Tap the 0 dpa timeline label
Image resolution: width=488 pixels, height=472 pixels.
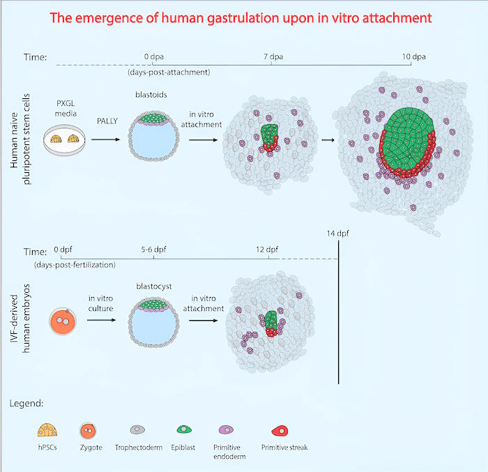154,56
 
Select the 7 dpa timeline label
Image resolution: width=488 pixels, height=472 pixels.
273,56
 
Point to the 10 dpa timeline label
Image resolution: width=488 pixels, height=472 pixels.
413,56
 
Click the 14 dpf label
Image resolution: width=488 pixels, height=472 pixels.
337,233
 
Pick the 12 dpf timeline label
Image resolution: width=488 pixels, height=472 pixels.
267,250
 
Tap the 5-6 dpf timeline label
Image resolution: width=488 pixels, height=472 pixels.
153,250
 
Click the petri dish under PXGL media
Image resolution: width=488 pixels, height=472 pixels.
64,140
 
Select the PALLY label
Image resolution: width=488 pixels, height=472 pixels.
107,121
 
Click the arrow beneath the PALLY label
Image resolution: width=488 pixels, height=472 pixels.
105,139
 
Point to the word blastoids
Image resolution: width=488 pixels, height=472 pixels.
151,95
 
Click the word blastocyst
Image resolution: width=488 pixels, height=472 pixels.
154,287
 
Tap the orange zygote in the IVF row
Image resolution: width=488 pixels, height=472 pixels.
63,321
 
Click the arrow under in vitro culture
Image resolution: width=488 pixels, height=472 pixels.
102,320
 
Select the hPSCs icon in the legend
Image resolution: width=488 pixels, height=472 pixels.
47,430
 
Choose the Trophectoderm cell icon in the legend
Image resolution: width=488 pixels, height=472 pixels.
137,429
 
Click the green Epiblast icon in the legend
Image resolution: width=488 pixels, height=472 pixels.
184,429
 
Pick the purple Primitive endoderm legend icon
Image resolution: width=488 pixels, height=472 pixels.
227,429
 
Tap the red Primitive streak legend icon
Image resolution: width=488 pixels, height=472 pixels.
280,431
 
